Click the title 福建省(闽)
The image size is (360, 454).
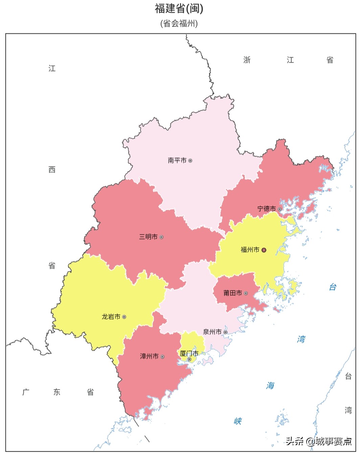point(179,8)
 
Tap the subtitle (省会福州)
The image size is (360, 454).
point(179,23)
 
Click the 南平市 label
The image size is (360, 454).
point(177,160)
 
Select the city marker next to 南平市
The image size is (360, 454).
point(190,160)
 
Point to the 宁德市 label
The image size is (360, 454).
point(267,209)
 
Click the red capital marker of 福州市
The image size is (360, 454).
point(264,250)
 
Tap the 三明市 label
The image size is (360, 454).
point(148,237)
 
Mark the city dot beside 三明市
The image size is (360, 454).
point(161,237)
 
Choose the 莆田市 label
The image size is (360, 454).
point(233,293)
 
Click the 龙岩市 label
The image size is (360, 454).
point(111,317)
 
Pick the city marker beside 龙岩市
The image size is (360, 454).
point(124,317)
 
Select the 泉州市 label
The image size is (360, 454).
point(212,332)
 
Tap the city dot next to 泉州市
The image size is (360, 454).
point(225,332)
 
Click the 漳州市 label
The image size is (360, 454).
point(149,356)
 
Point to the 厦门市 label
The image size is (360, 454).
point(189,354)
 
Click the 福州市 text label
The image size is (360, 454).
point(250,250)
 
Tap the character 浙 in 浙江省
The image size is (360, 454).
point(247,60)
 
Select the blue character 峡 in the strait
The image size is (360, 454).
point(238,421)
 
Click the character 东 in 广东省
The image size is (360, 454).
point(57,392)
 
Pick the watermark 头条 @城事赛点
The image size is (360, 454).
point(319,441)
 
